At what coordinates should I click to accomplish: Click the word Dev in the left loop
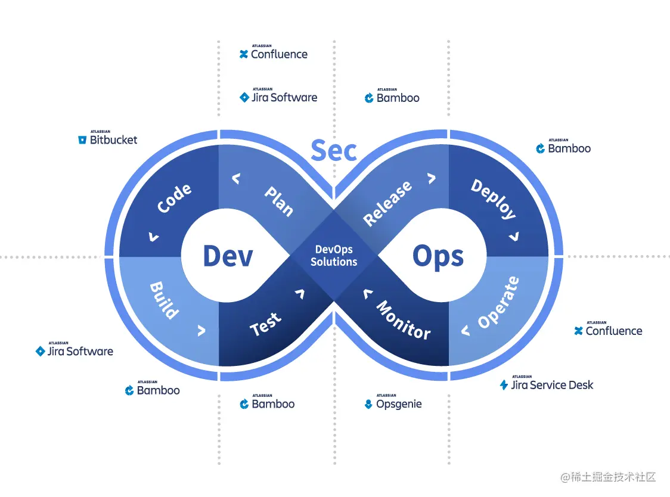pyautogui.click(x=228, y=256)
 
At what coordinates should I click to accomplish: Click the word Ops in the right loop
pyautogui.click(x=438, y=257)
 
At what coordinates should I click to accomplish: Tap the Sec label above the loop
pyautogui.click(x=334, y=151)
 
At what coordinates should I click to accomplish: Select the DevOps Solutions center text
pyautogui.click(x=334, y=256)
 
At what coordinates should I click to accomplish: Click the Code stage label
pyautogui.click(x=174, y=198)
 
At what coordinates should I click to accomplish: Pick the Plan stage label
pyautogui.click(x=278, y=201)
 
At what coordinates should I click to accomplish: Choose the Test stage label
pyautogui.click(x=265, y=324)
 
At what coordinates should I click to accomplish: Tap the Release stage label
pyautogui.click(x=387, y=203)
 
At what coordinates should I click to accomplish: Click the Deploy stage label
pyautogui.click(x=493, y=199)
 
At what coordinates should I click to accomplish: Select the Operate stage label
pyautogui.click(x=498, y=303)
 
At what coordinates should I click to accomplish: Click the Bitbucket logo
pyautogui.click(x=108, y=139)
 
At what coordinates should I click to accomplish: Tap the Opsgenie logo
pyautogui.click(x=393, y=403)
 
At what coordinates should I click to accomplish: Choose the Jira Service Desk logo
pyautogui.click(x=547, y=384)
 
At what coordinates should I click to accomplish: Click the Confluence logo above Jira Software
pyautogui.click(x=274, y=54)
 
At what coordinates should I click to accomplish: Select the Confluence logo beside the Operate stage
pyautogui.click(x=608, y=330)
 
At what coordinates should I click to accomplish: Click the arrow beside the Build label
pyautogui.click(x=201, y=330)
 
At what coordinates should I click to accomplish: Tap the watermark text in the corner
pyautogui.click(x=608, y=477)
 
